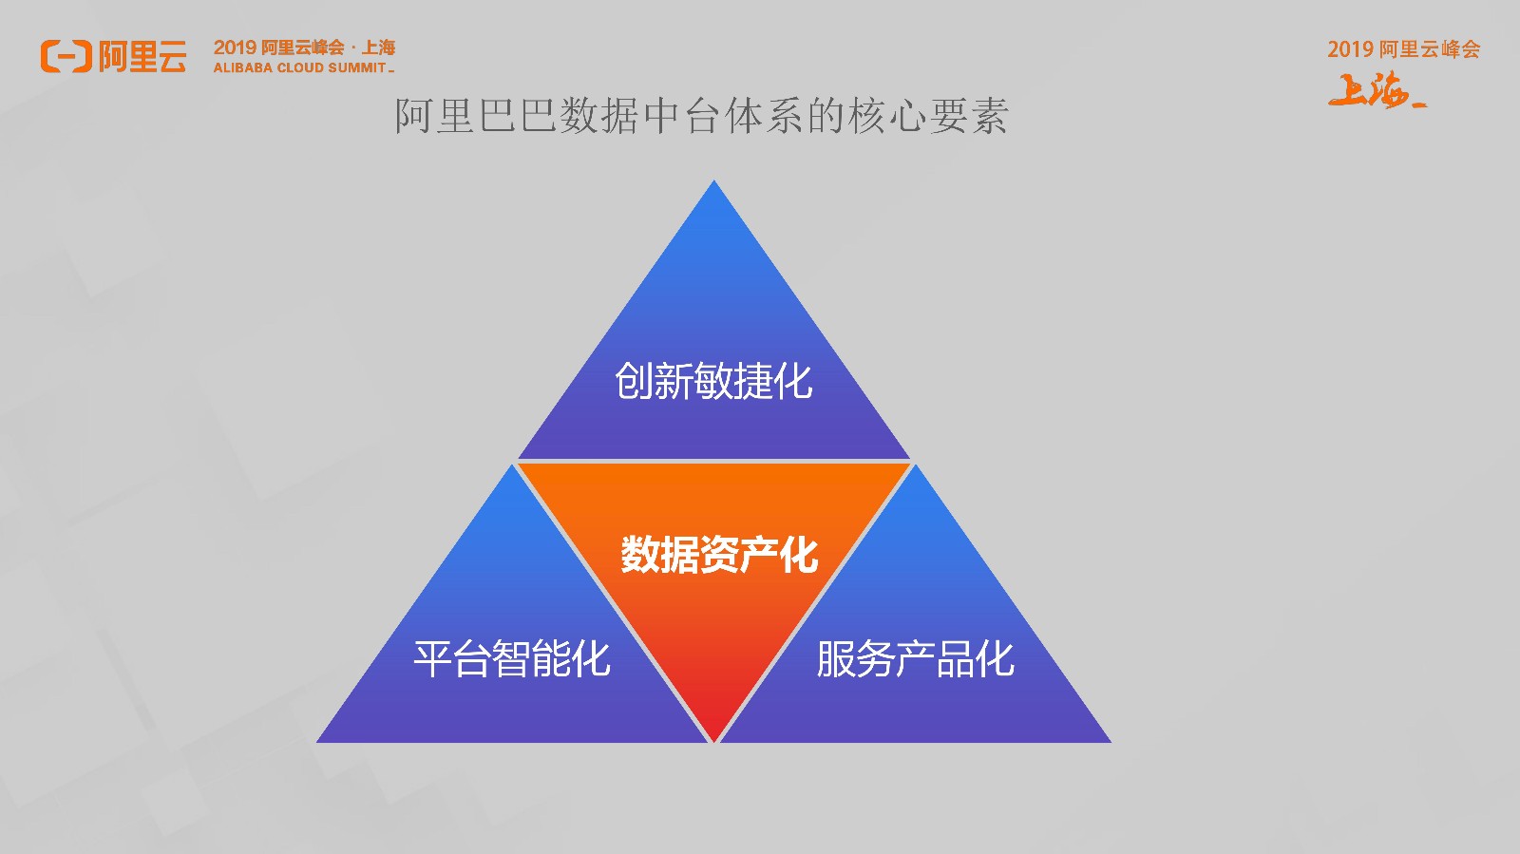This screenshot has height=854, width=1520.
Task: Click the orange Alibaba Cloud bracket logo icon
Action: (66, 56)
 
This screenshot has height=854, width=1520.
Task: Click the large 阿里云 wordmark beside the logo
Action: (142, 56)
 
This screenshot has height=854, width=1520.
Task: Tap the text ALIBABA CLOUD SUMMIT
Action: (300, 67)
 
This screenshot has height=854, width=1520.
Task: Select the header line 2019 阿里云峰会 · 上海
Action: (304, 47)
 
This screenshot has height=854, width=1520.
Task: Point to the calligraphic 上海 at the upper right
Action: (1377, 89)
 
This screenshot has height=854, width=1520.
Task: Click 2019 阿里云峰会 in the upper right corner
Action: (1403, 48)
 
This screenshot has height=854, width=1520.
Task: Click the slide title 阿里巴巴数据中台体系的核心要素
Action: (702, 116)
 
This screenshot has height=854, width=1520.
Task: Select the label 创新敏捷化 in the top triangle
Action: (713, 381)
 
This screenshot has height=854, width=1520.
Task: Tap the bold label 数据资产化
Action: (719, 554)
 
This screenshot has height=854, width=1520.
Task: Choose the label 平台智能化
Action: (512, 658)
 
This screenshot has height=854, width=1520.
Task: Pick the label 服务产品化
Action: (916, 658)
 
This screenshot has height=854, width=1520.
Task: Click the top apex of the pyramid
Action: (713, 180)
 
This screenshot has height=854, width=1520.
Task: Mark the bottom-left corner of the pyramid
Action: (317, 742)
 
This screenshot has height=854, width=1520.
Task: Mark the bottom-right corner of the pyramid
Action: (1111, 742)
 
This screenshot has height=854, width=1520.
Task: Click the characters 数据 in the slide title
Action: (599, 116)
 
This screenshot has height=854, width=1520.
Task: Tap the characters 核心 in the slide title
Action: (887, 116)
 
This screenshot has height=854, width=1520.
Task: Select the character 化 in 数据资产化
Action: (799, 554)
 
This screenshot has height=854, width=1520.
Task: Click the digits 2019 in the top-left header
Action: (235, 47)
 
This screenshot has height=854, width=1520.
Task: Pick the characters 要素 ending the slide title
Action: (969, 116)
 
